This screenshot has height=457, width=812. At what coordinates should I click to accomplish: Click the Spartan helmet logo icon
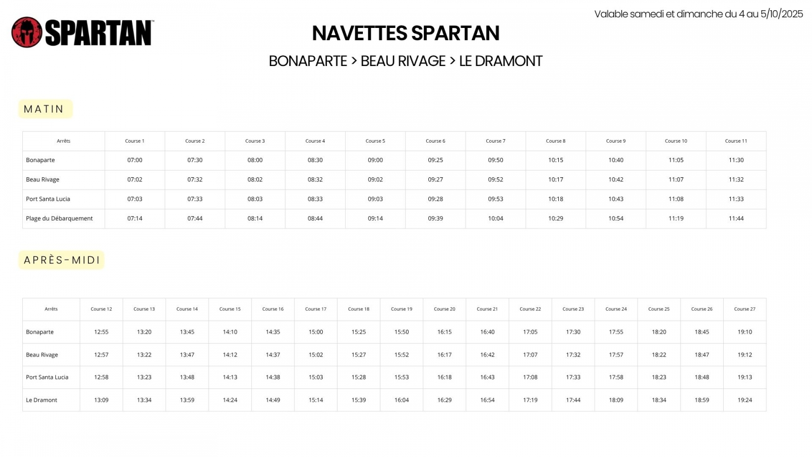click(27, 32)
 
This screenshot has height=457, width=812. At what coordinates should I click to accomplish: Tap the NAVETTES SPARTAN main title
click(405, 34)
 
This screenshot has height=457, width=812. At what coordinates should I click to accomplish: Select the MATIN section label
click(45, 109)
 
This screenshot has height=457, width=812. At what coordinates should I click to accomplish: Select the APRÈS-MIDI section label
click(61, 260)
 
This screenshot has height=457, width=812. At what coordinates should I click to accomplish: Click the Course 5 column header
click(375, 141)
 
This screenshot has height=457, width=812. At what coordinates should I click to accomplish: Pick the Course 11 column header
click(736, 141)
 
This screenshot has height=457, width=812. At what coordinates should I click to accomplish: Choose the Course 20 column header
click(445, 309)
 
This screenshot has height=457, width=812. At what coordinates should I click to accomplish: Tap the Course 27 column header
click(745, 309)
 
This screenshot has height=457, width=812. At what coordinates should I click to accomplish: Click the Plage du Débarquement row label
click(59, 218)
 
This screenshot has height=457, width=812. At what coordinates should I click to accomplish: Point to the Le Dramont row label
click(42, 400)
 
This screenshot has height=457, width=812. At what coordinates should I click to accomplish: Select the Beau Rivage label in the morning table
click(43, 179)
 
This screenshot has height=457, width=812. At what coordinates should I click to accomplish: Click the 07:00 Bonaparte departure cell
click(135, 160)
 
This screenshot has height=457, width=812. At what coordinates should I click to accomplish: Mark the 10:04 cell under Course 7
click(495, 218)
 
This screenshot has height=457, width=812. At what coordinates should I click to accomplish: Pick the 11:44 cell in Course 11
click(736, 218)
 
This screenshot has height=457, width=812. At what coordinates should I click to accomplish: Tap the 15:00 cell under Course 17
click(316, 332)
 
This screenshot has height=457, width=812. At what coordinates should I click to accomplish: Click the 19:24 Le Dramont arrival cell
click(745, 400)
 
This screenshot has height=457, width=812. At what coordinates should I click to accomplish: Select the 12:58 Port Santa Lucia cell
click(101, 377)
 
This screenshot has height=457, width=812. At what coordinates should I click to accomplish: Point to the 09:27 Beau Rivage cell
click(435, 179)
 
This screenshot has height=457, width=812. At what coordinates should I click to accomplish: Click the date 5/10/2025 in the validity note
click(782, 14)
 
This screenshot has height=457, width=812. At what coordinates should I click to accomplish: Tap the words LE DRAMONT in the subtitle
click(500, 61)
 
